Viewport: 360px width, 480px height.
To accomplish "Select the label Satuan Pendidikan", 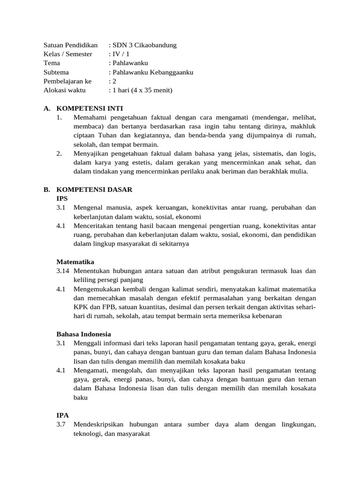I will click(x=70, y=45).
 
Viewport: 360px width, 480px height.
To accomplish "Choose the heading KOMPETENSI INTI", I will click(x=90, y=108).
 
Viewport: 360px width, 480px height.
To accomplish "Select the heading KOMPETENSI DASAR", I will click(x=94, y=189).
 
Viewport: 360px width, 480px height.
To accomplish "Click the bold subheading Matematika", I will click(x=75, y=262).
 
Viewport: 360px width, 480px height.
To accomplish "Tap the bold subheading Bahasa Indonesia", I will click(x=84, y=334).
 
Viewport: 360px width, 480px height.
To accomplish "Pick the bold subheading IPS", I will click(x=62, y=198).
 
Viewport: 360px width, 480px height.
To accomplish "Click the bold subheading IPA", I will click(x=62, y=415).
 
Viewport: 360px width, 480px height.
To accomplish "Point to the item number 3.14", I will click(x=64, y=271).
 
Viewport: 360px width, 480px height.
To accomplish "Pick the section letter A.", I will click(x=46, y=108).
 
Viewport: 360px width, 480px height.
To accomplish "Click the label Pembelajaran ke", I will click(x=67, y=81).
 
